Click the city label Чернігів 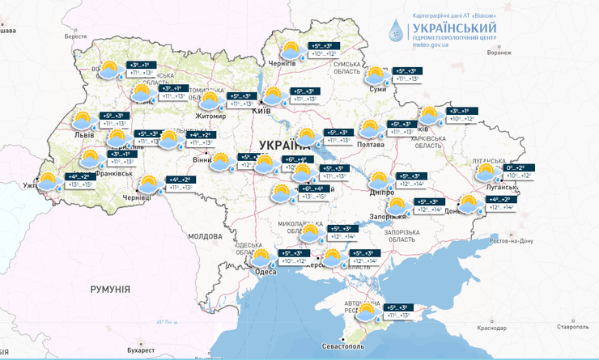click(x=283, y=61)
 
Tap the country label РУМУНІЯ click(x=110, y=289)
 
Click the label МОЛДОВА click(x=204, y=236)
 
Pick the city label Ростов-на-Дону click(x=512, y=241)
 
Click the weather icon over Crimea click(x=367, y=311)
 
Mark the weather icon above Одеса click(x=261, y=258)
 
